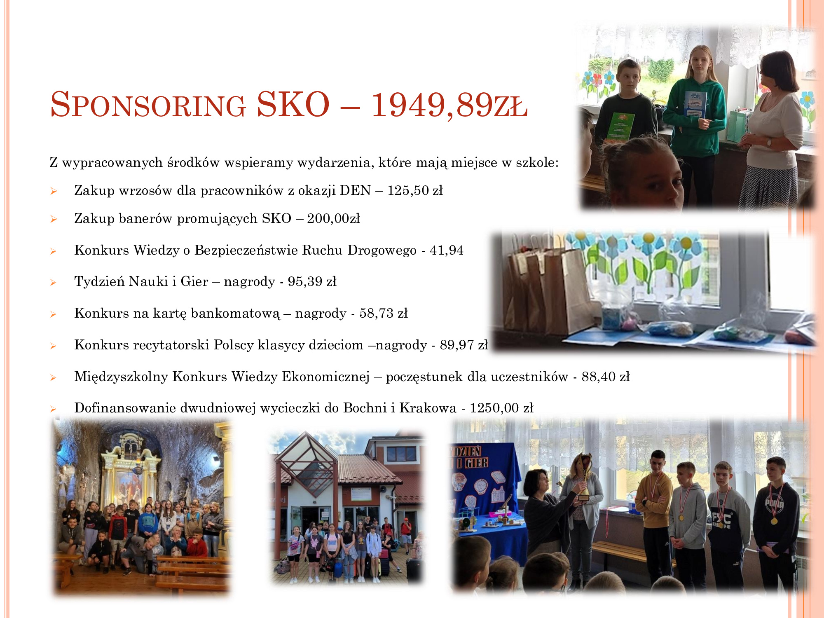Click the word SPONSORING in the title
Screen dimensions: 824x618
pyautogui.click(x=148, y=105)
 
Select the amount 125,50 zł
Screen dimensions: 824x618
pyautogui.click(x=415, y=190)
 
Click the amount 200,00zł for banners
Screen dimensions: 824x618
pyautogui.click(x=333, y=218)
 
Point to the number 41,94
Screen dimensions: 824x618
pyautogui.click(x=447, y=250)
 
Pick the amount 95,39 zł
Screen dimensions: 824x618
pyautogui.click(x=312, y=281)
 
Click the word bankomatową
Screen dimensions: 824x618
pyautogui.click(x=235, y=313)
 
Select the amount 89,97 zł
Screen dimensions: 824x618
pyautogui.click(x=464, y=345)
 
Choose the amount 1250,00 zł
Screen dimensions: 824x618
pyautogui.click(x=502, y=408)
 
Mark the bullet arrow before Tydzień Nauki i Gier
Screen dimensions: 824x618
pyautogui.click(x=53, y=283)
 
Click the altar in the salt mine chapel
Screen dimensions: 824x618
pyautogui.click(x=130, y=470)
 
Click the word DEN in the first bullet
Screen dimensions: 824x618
pyautogui.click(x=355, y=190)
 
